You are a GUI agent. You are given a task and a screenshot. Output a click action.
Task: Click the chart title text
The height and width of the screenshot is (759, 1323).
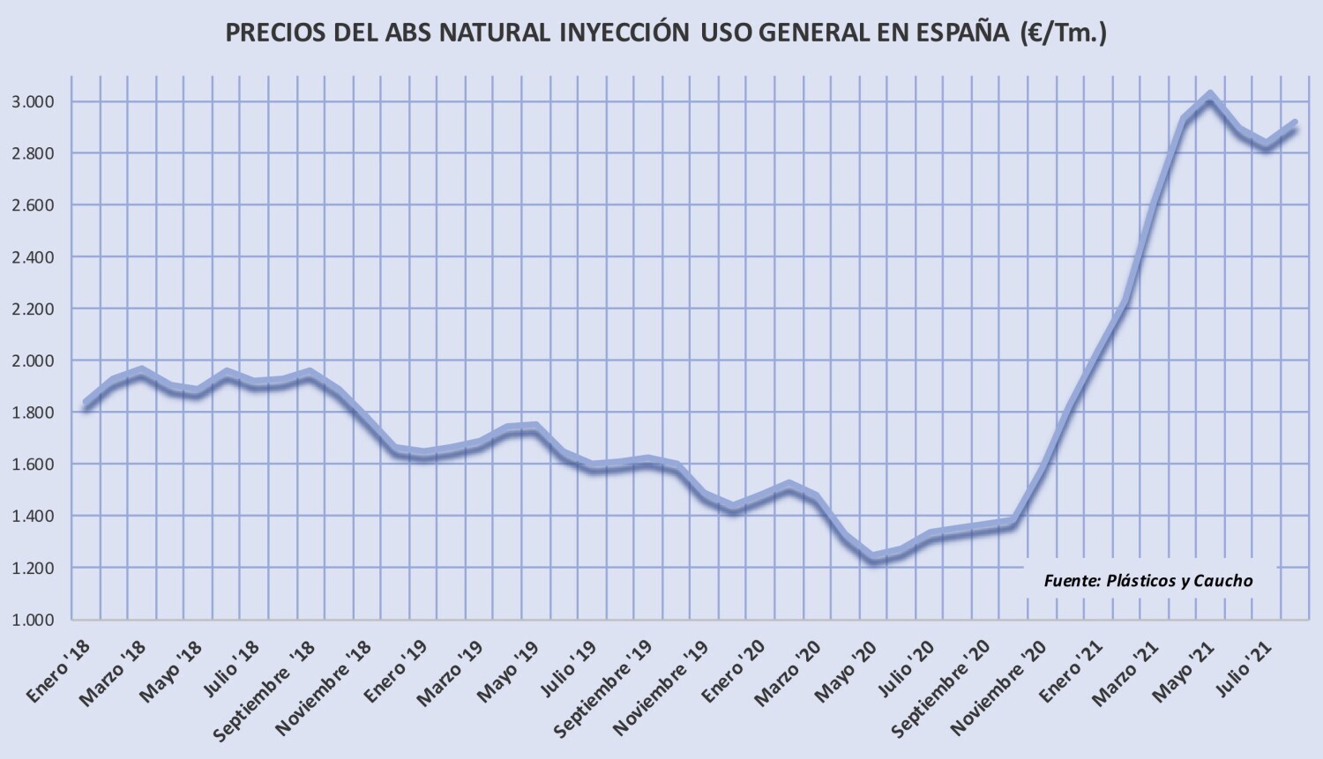tap(666, 33)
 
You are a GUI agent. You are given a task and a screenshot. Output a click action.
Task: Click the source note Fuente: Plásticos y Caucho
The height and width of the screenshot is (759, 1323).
tap(1147, 581)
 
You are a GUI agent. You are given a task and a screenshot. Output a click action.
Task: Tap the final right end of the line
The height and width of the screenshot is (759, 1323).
tap(1294, 124)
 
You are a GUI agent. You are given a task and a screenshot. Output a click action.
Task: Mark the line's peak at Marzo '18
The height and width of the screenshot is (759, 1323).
tap(141, 371)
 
